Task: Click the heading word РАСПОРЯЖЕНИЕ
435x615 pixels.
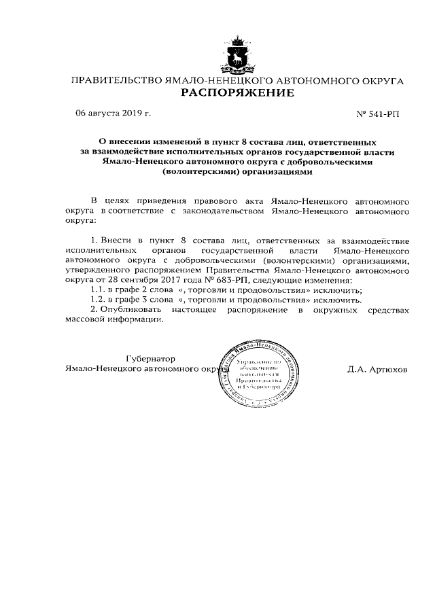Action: click(237, 93)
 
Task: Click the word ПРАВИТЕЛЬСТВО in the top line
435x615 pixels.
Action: click(111, 81)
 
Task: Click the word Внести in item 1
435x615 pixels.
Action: click(116, 241)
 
